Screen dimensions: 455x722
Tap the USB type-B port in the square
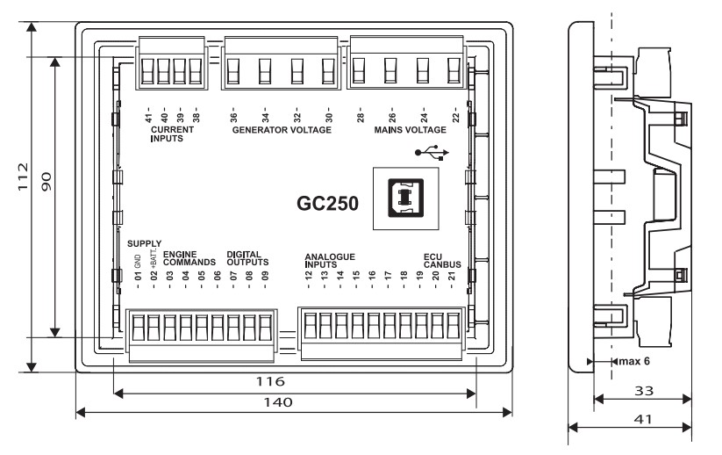pyautogui.click(x=405, y=198)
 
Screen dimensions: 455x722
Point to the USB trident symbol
pyautogui.click(x=433, y=152)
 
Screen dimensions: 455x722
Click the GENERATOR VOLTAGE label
pyautogui.click(x=281, y=130)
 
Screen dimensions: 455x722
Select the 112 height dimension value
pyautogui.click(x=25, y=177)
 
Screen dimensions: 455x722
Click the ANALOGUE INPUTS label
pyautogui.click(x=328, y=258)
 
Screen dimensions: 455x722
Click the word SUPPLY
pyautogui.click(x=144, y=242)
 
